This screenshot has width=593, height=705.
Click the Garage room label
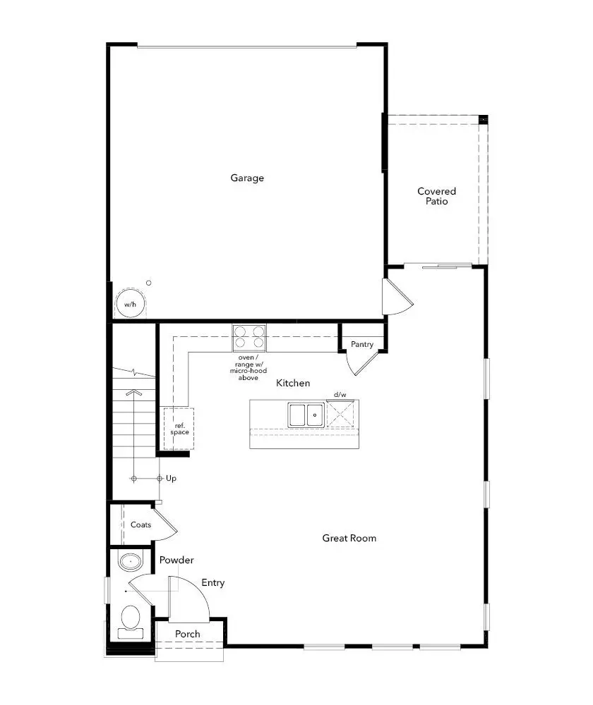pyautogui.click(x=247, y=178)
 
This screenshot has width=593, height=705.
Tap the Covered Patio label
pyautogui.click(x=436, y=196)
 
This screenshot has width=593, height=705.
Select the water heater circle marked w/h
pyautogui.click(x=129, y=304)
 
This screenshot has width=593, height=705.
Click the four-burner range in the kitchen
pyautogui.click(x=249, y=338)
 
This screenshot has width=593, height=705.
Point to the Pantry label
pyautogui.click(x=362, y=345)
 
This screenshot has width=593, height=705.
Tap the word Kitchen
pyautogui.click(x=293, y=384)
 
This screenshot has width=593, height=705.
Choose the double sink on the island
pyautogui.click(x=306, y=415)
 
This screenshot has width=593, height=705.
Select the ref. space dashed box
pyautogui.click(x=179, y=428)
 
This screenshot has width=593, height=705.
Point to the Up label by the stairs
pyautogui.click(x=171, y=479)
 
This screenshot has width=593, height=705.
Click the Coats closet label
pyautogui.click(x=140, y=525)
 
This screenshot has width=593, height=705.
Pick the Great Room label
pyautogui.click(x=349, y=539)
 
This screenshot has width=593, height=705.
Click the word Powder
pyautogui.click(x=176, y=560)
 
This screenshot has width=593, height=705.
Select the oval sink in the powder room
pyautogui.click(x=129, y=563)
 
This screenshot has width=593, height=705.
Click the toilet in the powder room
pyautogui.click(x=130, y=620)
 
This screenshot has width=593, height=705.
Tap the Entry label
pyautogui.click(x=213, y=583)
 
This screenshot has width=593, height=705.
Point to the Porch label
pyautogui.click(x=188, y=634)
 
